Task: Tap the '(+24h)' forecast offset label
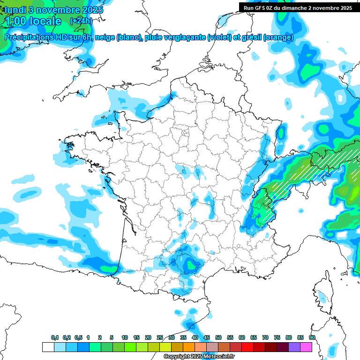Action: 81,21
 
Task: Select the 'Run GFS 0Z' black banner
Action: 298,7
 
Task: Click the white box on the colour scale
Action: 48,347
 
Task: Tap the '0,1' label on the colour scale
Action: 54,337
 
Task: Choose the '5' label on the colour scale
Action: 112,337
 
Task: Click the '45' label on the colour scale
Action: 207,337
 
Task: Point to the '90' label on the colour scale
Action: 312,337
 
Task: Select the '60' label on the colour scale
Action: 242,337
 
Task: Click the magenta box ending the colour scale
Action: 306,347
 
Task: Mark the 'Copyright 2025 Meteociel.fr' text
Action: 199,357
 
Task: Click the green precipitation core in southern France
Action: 191,266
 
